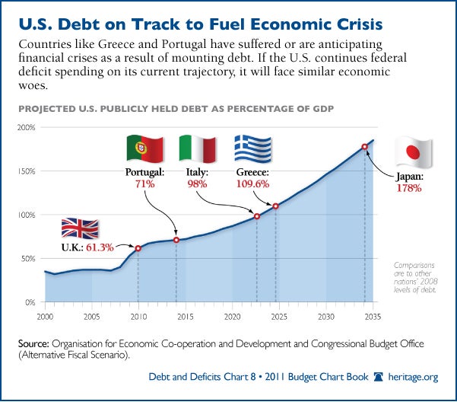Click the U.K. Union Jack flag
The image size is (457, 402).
click(80, 231)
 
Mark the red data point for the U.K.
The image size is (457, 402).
click(138, 248)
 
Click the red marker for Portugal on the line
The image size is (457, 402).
click(176, 241)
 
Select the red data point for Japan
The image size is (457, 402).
click(364, 147)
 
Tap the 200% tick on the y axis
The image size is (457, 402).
click(27, 127)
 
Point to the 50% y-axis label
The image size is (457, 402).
click(28, 259)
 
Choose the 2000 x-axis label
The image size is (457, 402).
click(45, 315)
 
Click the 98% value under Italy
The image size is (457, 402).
click(197, 184)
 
